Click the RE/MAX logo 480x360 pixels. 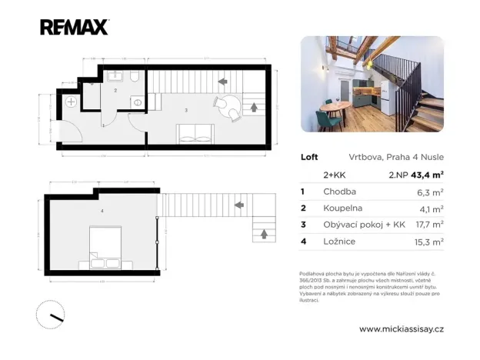coord(74,28)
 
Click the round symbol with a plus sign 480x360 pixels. coord(72,102)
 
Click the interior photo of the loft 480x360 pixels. coord(371,83)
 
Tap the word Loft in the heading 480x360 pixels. coord(308,156)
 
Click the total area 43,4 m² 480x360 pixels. coord(428,175)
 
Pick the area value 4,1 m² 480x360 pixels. coord(431,208)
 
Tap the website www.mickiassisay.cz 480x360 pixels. coord(402,328)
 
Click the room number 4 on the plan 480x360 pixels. coord(102,209)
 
